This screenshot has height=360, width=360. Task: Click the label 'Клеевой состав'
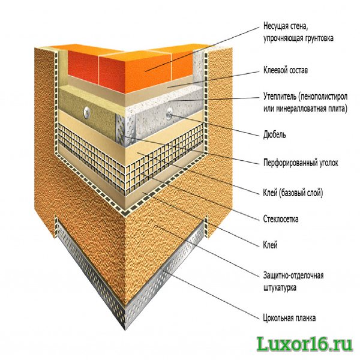(x=286, y=70)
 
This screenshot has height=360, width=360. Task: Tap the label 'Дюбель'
(x=275, y=135)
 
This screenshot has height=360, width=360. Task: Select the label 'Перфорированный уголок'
(x=301, y=163)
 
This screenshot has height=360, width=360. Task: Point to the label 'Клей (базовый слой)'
(x=293, y=193)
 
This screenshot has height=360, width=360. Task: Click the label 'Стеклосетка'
(x=281, y=219)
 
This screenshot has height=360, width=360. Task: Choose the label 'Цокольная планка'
(x=289, y=318)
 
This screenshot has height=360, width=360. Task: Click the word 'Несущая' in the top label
(x=276, y=26)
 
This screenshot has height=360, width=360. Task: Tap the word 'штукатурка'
(x=280, y=287)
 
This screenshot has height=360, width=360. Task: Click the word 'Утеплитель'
(x=280, y=97)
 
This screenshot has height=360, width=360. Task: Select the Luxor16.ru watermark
(x=304, y=344)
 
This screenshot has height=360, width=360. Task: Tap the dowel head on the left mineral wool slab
(x=87, y=113)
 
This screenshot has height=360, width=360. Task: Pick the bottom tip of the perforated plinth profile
(x=125, y=330)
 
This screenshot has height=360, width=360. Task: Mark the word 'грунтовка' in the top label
(x=319, y=38)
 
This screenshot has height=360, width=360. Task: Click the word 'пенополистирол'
(x=323, y=97)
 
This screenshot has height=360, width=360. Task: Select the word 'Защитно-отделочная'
(x=293, y=275)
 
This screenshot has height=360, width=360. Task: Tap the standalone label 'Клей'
(x=270, y=245)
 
